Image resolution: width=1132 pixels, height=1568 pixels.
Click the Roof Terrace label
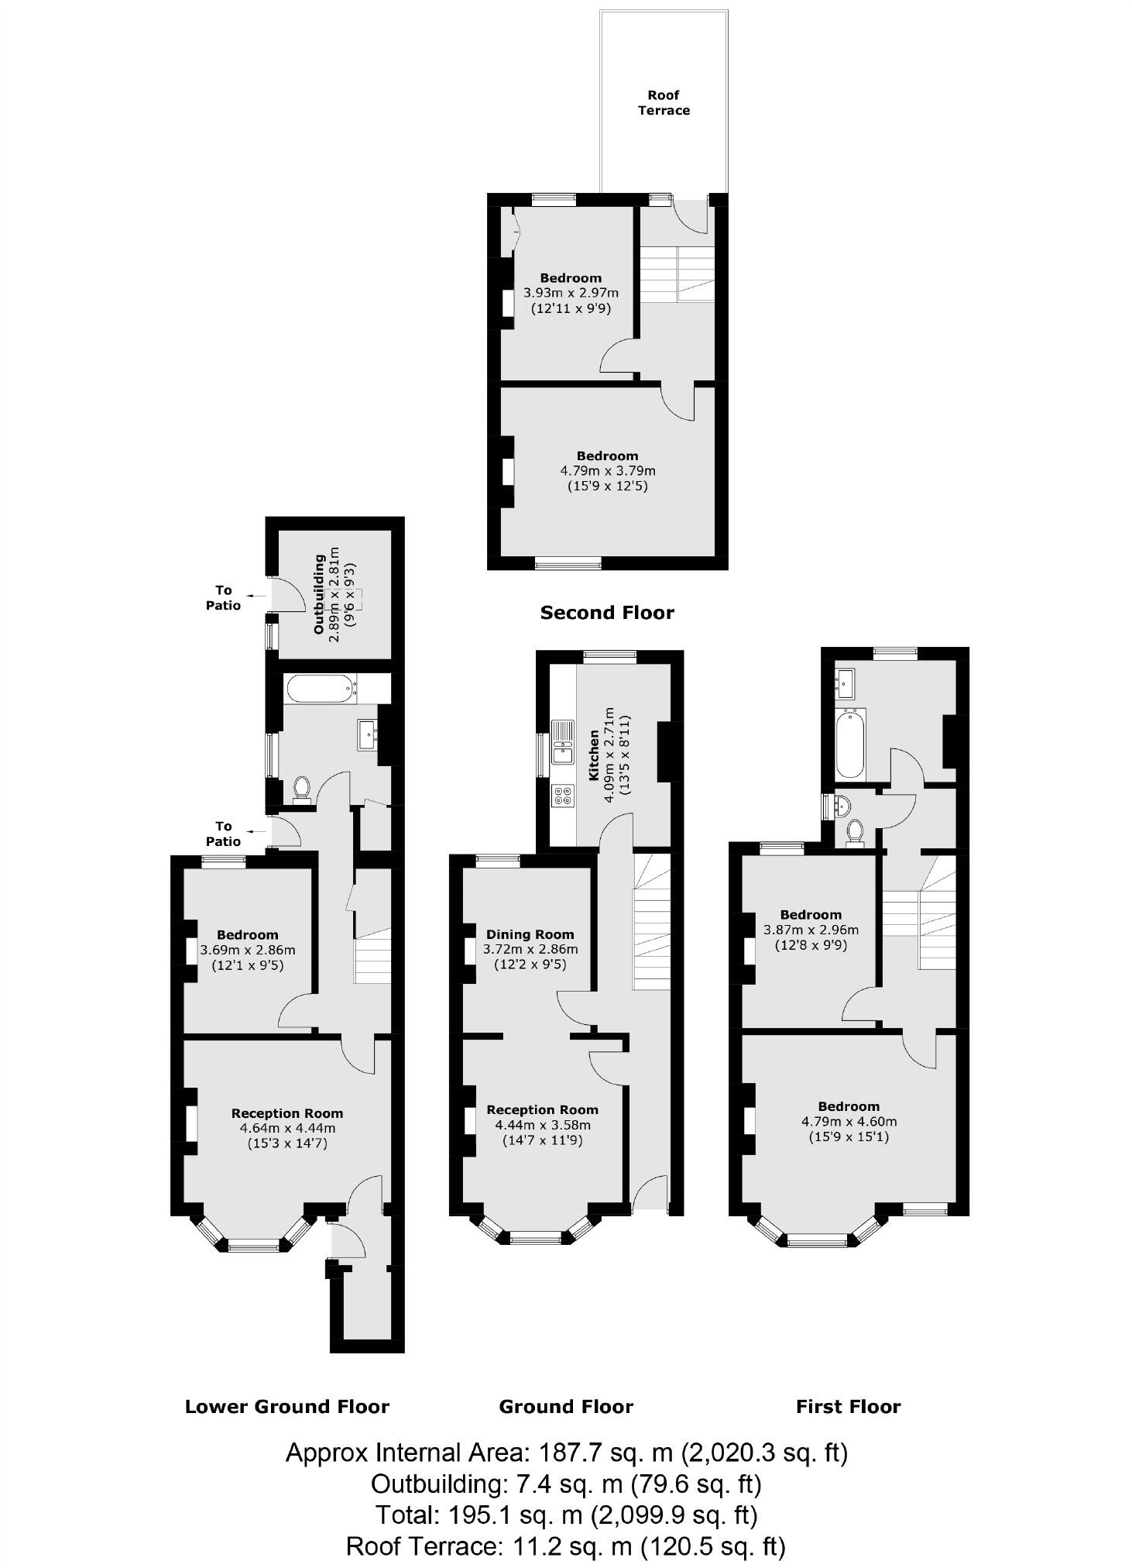point(663,102)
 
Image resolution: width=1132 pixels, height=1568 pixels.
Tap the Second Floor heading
point(606,613)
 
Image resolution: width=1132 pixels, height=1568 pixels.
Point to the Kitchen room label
point(594,754)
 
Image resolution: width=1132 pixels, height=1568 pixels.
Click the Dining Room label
point(530,934)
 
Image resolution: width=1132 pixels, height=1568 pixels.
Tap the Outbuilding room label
point(319,594)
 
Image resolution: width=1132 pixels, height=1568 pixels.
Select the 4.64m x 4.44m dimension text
point(286,1128)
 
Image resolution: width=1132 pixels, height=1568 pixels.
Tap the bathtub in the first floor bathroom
point(850,743)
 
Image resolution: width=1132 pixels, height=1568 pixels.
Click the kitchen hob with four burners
point(563,795)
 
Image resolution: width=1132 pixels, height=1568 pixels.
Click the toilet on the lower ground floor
point(302,789)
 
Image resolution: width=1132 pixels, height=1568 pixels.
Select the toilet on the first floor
point(855,831)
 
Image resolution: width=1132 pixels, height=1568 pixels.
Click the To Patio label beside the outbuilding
point(223,597)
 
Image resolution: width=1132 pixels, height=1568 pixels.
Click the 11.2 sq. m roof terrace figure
point(571,1546)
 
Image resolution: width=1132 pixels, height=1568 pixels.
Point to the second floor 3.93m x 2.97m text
point(571,293)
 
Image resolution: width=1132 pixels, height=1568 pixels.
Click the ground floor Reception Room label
point(542,1110)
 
